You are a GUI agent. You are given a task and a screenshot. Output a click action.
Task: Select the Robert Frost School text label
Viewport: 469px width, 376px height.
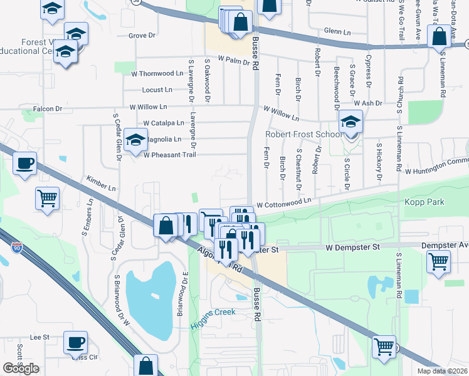click(303, 134)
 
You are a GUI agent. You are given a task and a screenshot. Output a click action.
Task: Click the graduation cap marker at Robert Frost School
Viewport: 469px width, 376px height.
click(350, 121)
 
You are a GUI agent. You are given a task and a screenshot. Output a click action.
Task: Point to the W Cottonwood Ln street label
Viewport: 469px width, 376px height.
click(283, 202)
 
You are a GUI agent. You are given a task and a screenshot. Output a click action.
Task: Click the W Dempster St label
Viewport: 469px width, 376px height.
click(352, 248)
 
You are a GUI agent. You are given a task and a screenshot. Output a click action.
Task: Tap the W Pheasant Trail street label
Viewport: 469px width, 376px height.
click(170, 155)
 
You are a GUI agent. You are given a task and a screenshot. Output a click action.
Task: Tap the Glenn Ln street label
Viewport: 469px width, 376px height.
click(337, 31)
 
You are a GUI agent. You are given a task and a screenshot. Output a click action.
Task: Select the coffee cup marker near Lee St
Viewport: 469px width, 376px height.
click(75, 342)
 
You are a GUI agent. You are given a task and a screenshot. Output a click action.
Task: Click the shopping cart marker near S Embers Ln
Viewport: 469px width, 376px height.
click(47, 198)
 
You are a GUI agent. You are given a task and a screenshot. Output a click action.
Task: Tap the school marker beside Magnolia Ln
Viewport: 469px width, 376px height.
click(135, 140)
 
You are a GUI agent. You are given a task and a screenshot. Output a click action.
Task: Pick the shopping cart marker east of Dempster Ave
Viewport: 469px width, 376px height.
click(438, 261)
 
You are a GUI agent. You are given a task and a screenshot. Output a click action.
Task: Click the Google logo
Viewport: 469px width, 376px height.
click(21, 368)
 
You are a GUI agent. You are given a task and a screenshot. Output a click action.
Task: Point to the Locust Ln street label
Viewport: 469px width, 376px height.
click(157, 90)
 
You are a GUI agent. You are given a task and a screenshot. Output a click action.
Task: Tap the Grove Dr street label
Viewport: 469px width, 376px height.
click(141, 36)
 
